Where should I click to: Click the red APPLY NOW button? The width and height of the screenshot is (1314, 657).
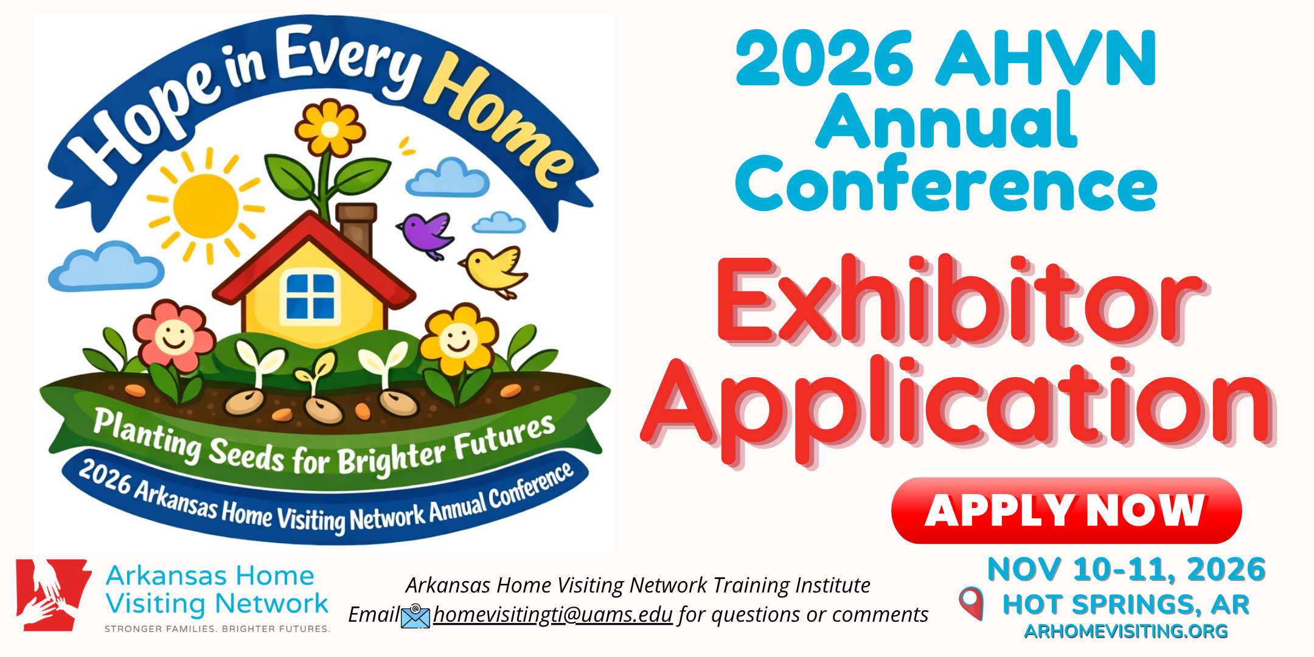(x=1066, y=510)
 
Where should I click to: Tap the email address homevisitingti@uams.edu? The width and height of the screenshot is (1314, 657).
(x=553, y=614)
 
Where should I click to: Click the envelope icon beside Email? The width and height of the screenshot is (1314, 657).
(x=415, y=616)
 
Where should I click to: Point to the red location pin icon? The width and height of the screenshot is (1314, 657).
(x=972, y=603)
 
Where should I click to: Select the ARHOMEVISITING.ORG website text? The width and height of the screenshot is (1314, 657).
(x=1126, y=631)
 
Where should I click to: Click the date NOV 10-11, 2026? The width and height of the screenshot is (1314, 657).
(x=1127, y=569)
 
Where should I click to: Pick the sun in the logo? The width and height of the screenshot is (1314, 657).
(x=206, y=206)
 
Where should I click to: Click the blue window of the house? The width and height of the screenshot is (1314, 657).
(x=310, y=296)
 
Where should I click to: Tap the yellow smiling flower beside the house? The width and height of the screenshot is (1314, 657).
(x=459, y=339)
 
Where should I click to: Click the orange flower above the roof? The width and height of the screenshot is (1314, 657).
(x=330, y=128)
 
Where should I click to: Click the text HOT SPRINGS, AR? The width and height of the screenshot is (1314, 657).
(x=1126, y=605)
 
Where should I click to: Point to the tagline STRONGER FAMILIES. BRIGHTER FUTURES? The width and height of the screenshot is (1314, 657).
(x=217, y=629)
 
